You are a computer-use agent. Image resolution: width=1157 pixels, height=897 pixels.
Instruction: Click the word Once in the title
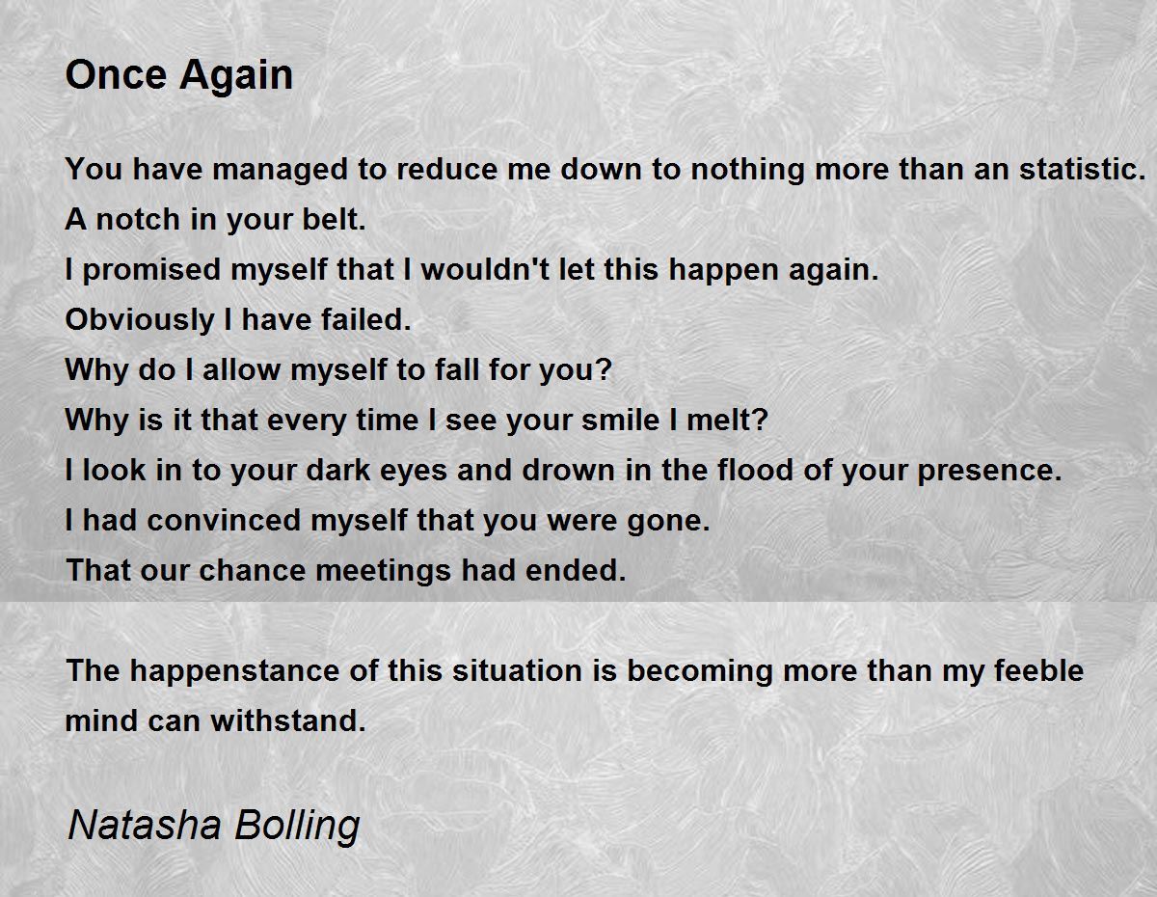coord(116,74)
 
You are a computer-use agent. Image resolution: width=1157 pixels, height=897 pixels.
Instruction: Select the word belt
coord(334,219)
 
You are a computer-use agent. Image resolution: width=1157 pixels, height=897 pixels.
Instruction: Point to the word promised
coord(151,269)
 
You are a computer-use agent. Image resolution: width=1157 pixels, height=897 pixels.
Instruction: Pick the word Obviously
coord(140,320)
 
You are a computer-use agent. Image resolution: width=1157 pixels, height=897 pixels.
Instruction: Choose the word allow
coord(241,369)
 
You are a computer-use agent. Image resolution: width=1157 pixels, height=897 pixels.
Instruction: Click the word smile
coord(621,420)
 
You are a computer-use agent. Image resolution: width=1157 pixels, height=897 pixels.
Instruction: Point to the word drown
coord(569,470)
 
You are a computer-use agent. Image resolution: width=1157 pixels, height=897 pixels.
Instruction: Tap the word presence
coord(989,471)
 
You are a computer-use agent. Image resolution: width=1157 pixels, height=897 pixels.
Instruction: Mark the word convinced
coord(224,520)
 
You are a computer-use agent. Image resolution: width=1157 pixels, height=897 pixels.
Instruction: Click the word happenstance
coord(234,671)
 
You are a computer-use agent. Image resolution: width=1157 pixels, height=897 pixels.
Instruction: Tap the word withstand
coord(288,720)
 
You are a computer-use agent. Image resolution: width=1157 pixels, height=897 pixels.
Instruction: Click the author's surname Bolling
coord(297,827)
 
